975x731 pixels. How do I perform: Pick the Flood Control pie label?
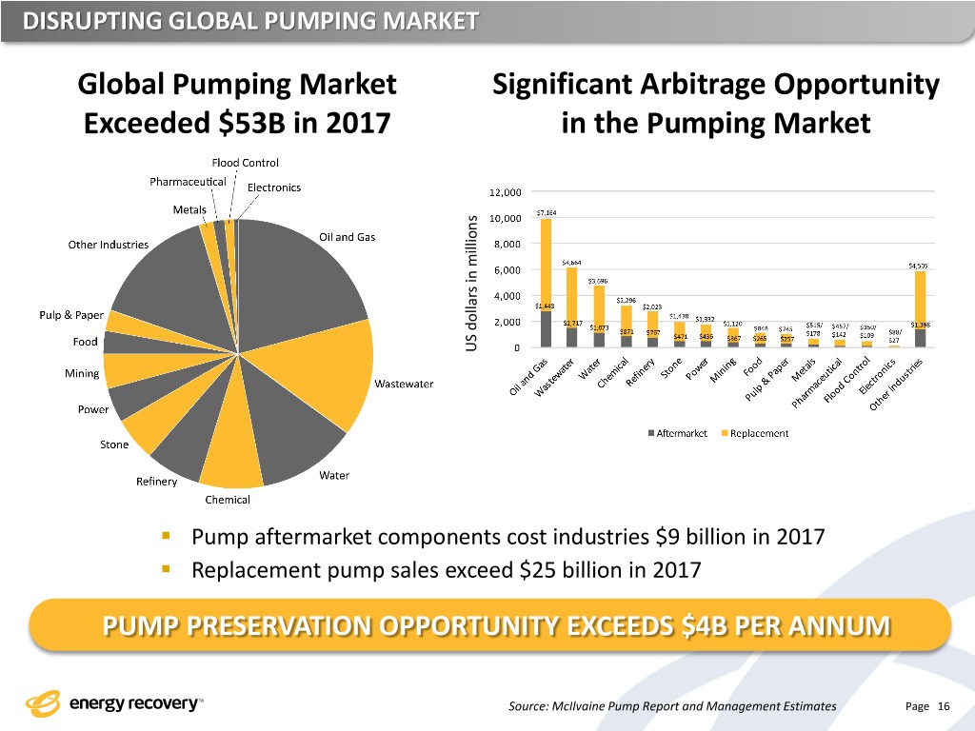tap(246, 161)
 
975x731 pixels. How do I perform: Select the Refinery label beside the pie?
tap(156, 482)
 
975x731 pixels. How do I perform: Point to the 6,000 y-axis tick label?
tap(507, 269)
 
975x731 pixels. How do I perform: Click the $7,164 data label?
tap(547, 211)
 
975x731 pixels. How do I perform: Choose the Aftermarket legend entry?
tap(678, 434)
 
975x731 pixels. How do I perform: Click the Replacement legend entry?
tap(756, 434)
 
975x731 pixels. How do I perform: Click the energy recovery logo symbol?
tap(43, 704)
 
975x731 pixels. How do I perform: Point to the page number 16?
tap(944, 705)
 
